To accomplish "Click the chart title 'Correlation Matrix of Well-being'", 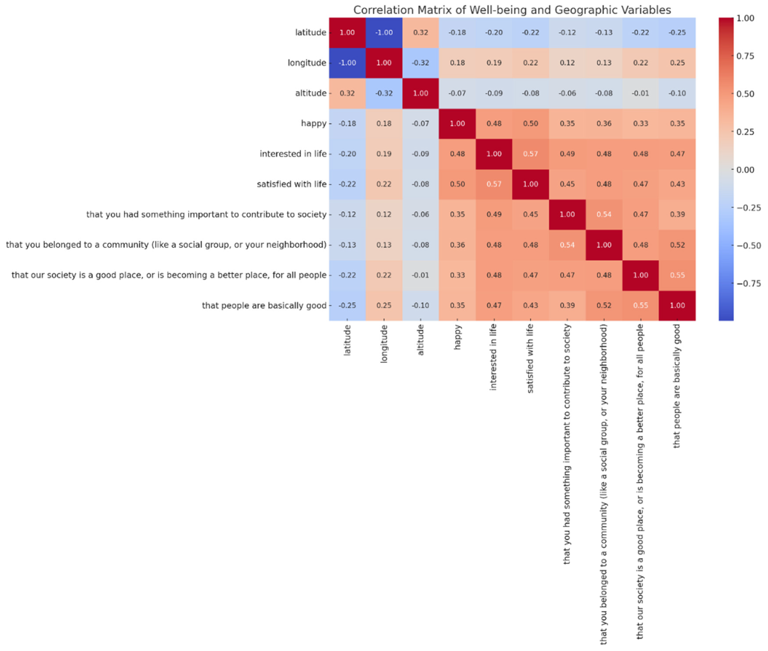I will [512, 10].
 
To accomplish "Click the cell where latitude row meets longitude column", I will [384, 32].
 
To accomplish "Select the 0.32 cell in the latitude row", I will [420, 32].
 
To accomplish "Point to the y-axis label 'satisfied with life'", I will [292, 184].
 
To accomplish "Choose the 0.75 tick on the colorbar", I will [745, 56].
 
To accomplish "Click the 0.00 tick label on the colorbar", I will [745, 170].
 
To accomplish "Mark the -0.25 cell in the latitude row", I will [677, 32].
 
